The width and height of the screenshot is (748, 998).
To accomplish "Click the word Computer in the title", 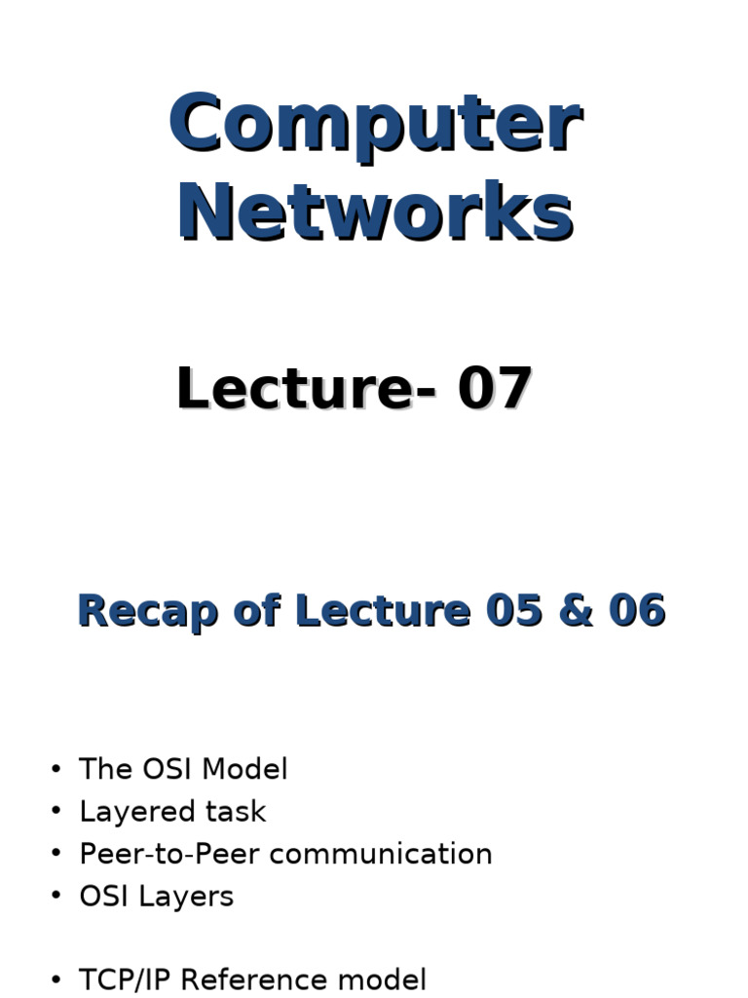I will click(x=375, y=125).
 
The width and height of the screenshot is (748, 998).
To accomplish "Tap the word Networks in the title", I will click(x=375, y=213).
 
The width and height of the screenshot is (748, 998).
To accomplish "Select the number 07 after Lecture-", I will click(x=495, y=389).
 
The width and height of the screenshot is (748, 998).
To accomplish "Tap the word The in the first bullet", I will click(x=105, y=769).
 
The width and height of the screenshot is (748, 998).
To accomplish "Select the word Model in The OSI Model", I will click(x=249, y=769).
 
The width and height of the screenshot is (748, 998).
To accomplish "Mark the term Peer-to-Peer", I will click(x=169, y=854).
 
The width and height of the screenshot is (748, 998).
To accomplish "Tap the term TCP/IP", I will click(x=126, y=980).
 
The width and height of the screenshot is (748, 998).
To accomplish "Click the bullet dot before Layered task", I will click(x=56, y=812).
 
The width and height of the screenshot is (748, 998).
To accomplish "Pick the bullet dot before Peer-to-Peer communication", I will click(x=56, y=855).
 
